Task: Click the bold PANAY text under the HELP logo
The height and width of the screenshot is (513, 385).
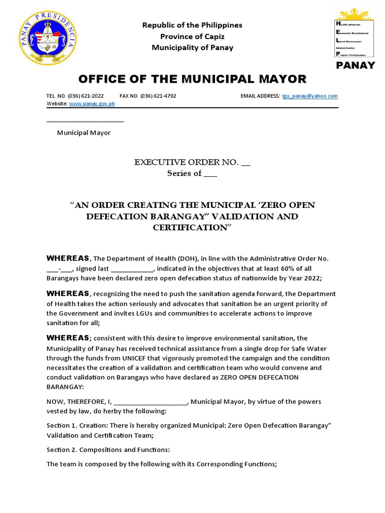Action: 355,65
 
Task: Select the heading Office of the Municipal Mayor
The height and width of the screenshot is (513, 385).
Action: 191,79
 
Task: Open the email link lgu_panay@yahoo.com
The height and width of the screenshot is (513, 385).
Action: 310,96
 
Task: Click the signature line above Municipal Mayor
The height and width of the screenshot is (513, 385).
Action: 85,121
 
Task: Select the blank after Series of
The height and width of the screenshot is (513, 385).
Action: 211,174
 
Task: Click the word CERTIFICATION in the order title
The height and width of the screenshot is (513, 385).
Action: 192,227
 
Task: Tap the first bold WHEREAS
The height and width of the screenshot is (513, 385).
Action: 68,259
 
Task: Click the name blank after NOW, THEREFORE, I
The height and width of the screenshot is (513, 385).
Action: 150,402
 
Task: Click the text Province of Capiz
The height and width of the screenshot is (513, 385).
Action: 192,36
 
